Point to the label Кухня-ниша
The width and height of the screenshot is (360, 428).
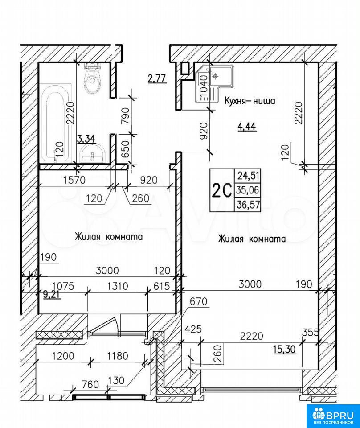tap(250, 101)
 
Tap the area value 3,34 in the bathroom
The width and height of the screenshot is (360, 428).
tap(86, 139)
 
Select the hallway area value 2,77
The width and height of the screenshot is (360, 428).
tap(157, 79)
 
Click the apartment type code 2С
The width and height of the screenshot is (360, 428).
tap(221, 191)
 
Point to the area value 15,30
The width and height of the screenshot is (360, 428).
tap(284, 350)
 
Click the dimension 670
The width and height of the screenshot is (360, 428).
tap(198, 301)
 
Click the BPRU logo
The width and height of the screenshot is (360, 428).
tap(333, 414)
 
